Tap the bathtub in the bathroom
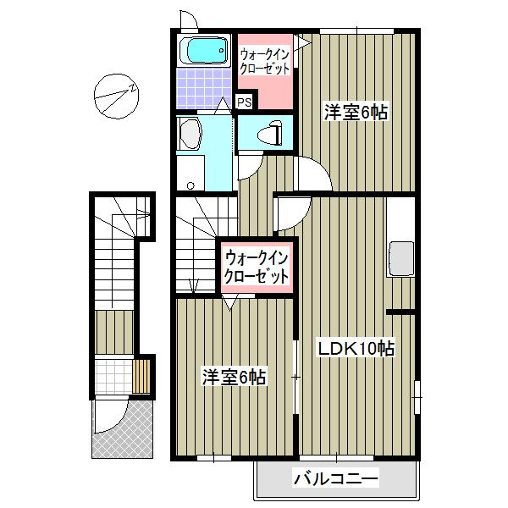(x=206, y=52)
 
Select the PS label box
(x=244, y=102)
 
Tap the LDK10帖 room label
(x=357, y=348)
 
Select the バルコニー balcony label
(x=335, y=480)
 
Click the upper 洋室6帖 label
(x=355, y=112)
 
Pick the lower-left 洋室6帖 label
(x=234, y=377)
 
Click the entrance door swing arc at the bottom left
(x=109, y=417)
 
